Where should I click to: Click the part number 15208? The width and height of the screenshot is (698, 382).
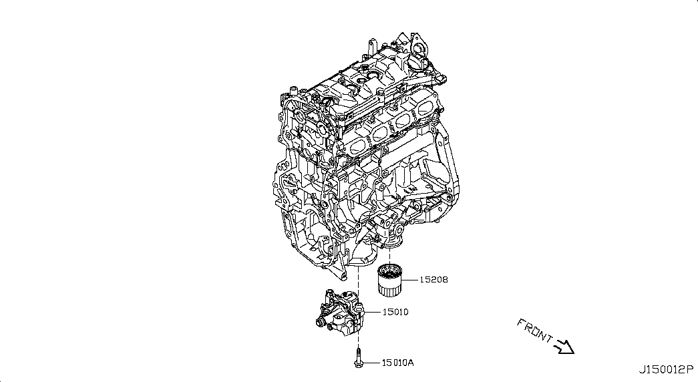coord(433,280)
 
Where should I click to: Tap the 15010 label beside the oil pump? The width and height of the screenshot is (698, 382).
coord(395,311)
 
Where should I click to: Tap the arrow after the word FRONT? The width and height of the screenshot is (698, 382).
coord(565,346)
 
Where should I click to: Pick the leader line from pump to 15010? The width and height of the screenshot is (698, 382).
coord(371,311)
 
